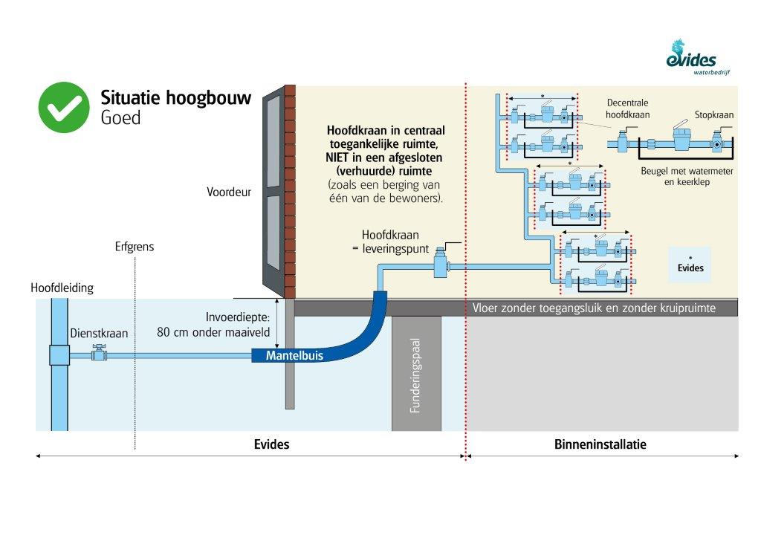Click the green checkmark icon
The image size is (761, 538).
[x=64, y=107]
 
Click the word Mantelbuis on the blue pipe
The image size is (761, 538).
[x=294, y=356]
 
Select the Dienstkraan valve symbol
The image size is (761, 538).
[x=97, y=354]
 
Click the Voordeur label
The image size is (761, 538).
[x=229, y=192]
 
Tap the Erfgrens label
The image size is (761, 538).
[x=135, y=247]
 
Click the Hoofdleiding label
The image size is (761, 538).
[x=62, y=288]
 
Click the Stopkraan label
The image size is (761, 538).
[x=714, y=115]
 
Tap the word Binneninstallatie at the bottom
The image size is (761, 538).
[x=600, y=444]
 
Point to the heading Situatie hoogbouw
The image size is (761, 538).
[x=175, y=98]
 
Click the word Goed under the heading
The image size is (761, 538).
[x=120, y=117]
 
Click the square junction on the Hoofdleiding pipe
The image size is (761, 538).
[x=59, y=355]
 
